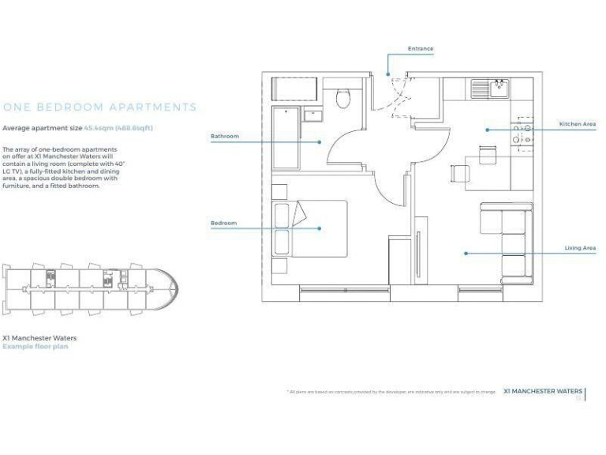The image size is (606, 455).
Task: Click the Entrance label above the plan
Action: [420, 49]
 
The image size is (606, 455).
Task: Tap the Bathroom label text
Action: [224, 137]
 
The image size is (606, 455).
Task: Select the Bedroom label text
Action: [223, 224]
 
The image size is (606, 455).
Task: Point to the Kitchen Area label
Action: [577, 124]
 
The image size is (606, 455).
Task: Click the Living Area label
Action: [580, 248]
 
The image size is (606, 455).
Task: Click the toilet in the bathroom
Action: [342, 98]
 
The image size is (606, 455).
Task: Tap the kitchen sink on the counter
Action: [499, 87]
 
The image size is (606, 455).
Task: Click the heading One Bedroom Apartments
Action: [99, 107]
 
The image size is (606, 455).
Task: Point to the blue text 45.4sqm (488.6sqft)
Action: [124, 127]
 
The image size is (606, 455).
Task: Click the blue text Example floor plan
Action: [35, 346]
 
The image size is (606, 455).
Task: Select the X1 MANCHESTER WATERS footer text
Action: [542, 391]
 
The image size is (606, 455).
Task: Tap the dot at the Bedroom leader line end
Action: [320, 228]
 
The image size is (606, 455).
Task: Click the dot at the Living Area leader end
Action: [466, 254]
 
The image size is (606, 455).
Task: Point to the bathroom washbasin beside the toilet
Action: [313, 115]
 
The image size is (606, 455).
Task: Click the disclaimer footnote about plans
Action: [391, 392]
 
